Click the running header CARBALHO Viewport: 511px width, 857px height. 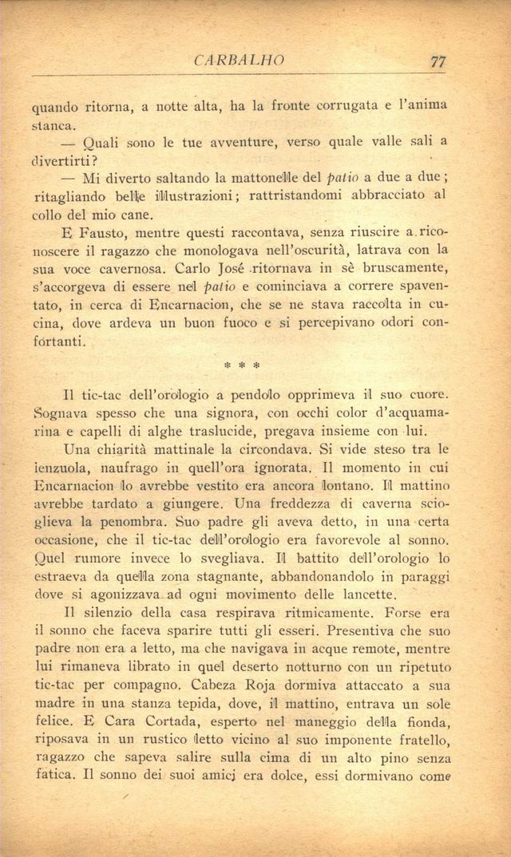pyautogui.click(x=240, y=61)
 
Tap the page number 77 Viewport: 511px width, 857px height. pyautogui.click(x=436, y=61)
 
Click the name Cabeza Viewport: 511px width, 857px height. pyautogui.click(x=240, y=689)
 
